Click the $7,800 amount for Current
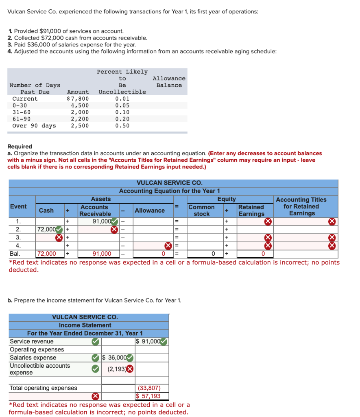click(x=78, y=99)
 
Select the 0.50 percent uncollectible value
click(x=122, y=125)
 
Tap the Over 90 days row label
click(x=34, y=125)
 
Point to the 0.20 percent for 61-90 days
click(x=122, y=119)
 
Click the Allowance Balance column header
click(x=169, y=81)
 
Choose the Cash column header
click(x=46, y=210)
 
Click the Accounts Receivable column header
click(x=95, y=210)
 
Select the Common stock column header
click(x=201, y=210)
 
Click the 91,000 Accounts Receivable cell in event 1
click(x=102, y=221)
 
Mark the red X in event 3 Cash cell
click(x=59, y=237)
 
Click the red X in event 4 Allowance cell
click(x=167, y=246)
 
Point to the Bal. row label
click(x=15, y=254)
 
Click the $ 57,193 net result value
click(x=148, y=396)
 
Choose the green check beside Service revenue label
click(x=95, y=341)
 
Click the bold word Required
click(x=20, y=146)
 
